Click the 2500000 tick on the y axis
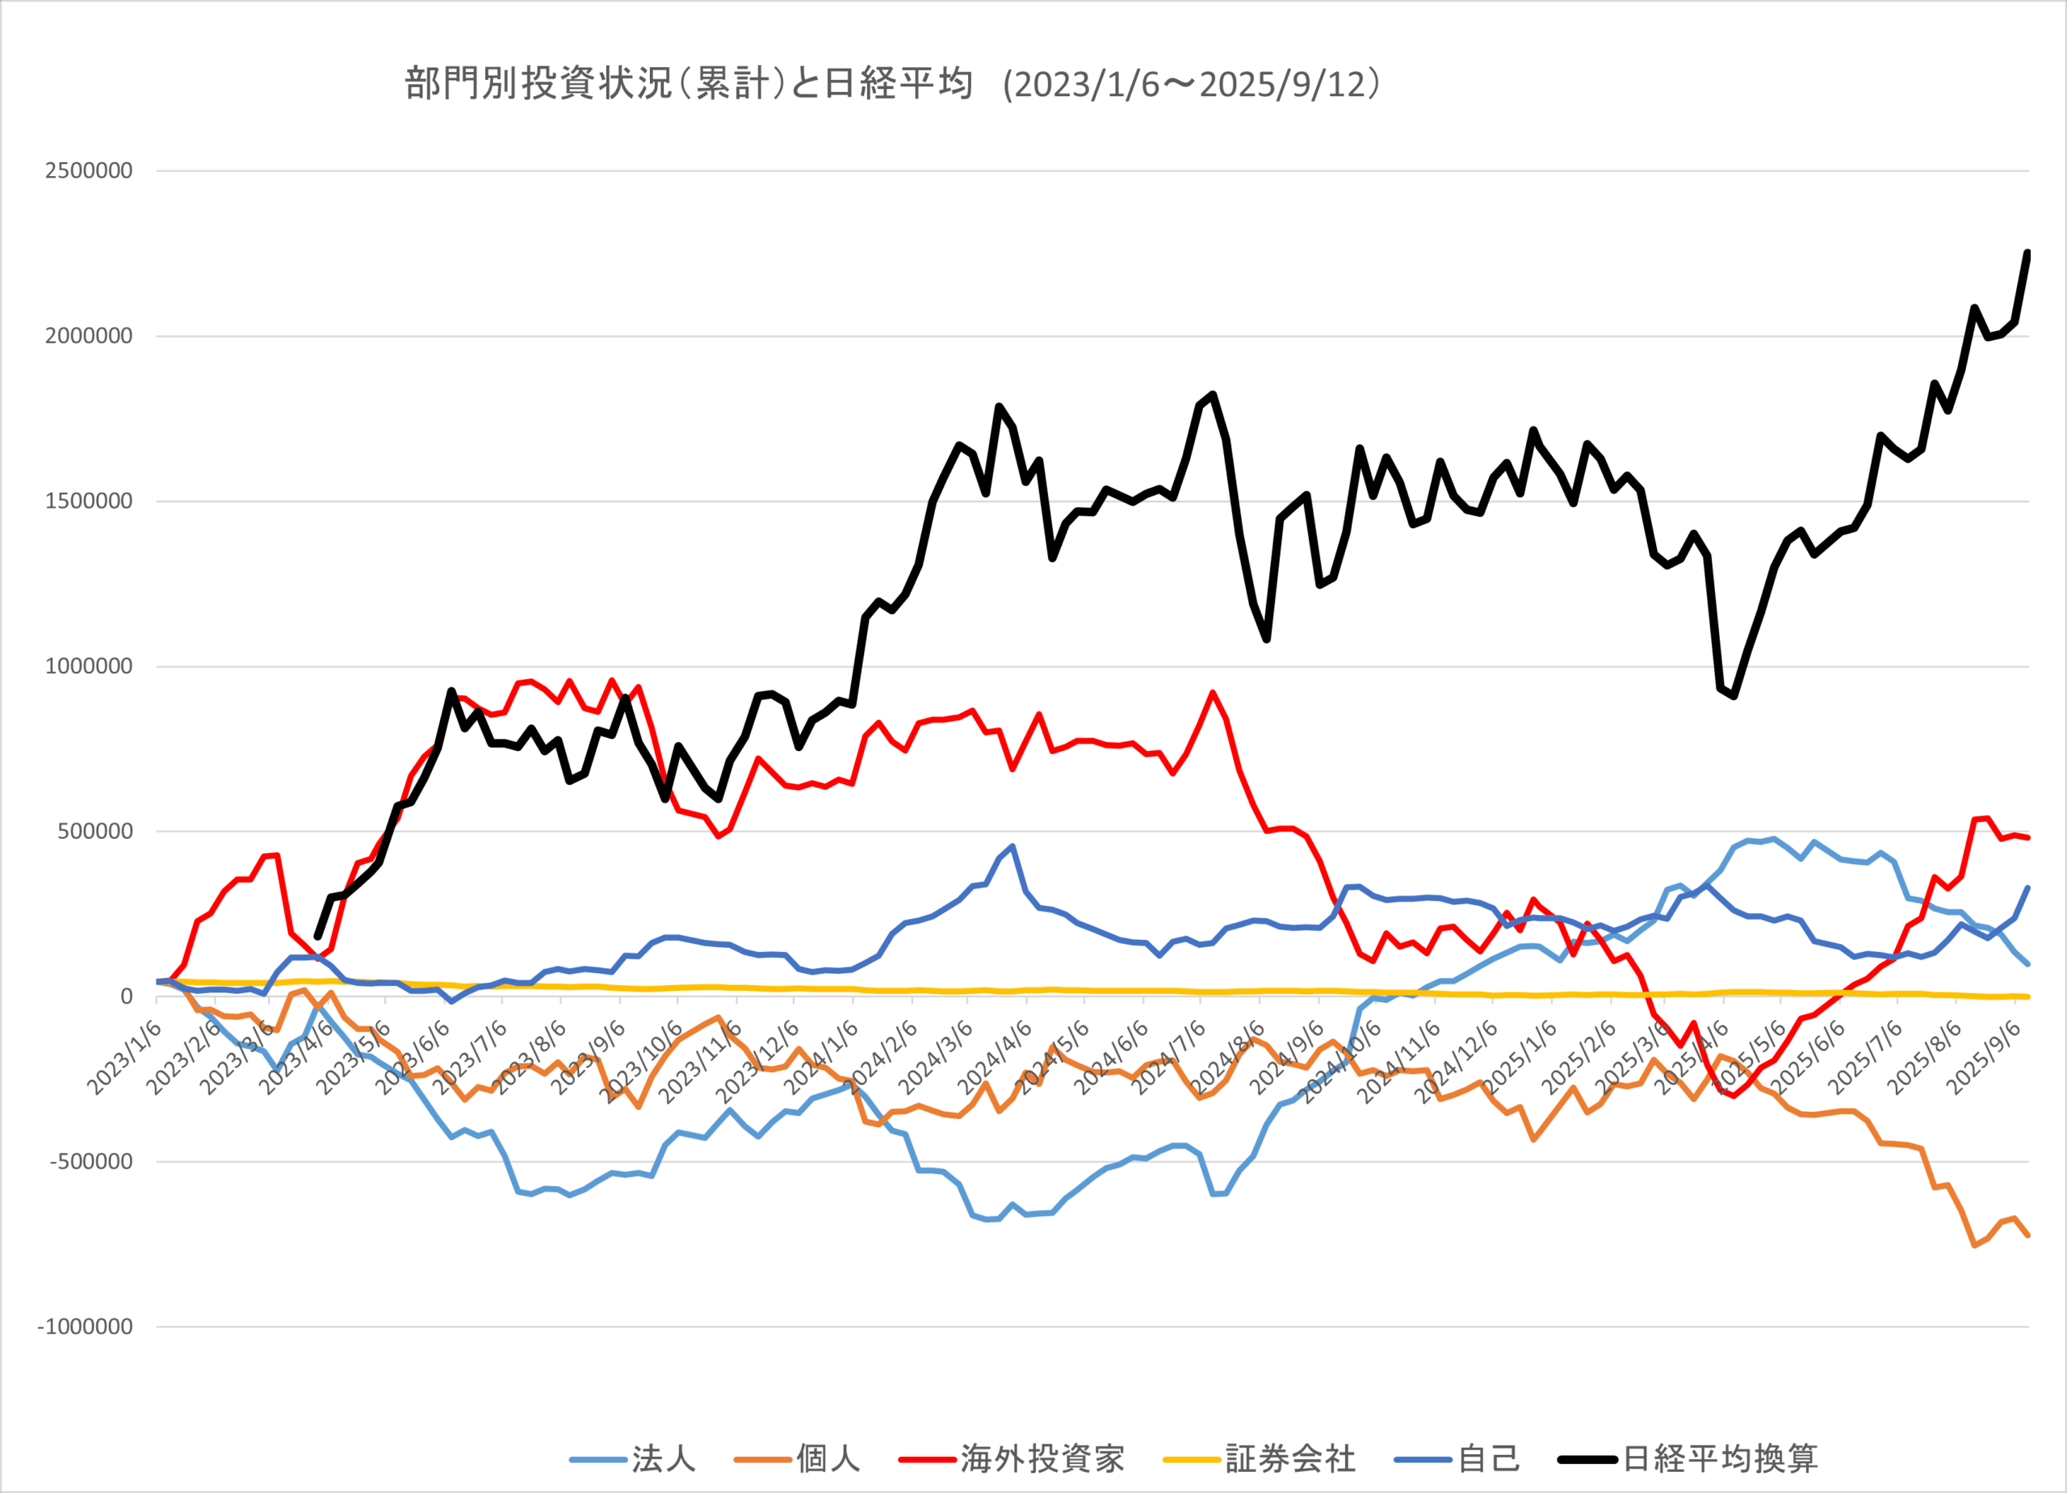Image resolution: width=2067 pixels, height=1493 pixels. click(x=88, y=170)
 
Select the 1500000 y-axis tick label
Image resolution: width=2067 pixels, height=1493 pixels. click(x=88, y=501)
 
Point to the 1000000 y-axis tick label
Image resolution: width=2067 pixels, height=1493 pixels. click(x=88, y=666)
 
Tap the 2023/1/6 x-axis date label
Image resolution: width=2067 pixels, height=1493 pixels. click(x=126, y=1057)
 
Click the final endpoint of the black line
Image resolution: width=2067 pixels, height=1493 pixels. click(x=2027, y=253)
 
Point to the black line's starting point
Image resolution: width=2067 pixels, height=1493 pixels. click(x=317, y=936)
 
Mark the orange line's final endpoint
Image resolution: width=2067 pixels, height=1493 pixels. click(x=2027, y=1236)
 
